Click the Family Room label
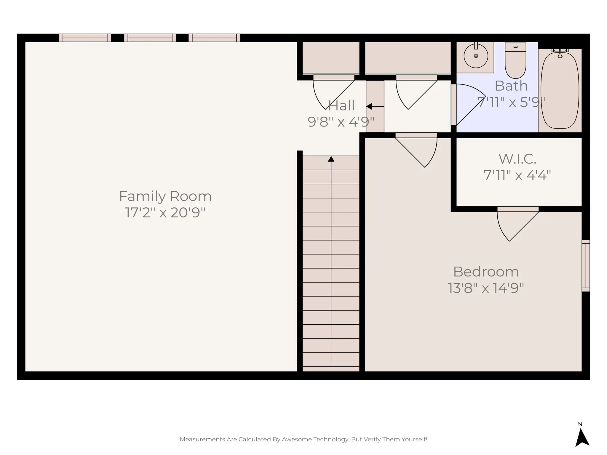pyautogui.click(x=165, y=196)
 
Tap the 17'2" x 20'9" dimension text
pyautogui.click(x=165, y=212)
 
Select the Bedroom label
pyautogui.click(x=486, y=272)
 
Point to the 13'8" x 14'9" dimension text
pyautogui.click(x=486, y=288)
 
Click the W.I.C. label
pyautogui.click(x=517, y=159)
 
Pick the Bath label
pyautogui.click(x=511, y=86)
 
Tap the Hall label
pyautogui.click(x=341, y=106)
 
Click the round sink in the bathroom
pyautogui.click(x=476, y=56)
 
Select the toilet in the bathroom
pyautogui.click(x=515, y=61)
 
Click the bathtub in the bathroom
pyautogui.click(x=560, y=90)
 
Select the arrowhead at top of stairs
pyautogui.click(x=331, y=159)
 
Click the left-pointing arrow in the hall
pyautogui.click(x=369, y=106)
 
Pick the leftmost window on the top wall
pyautogui.click(x=85, y=38)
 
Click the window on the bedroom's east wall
pyautogui.click(x=586, y=266)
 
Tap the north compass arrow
pyautogui.click(x=582, y=437)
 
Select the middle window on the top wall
pyautogui.click(x=150, y=38)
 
